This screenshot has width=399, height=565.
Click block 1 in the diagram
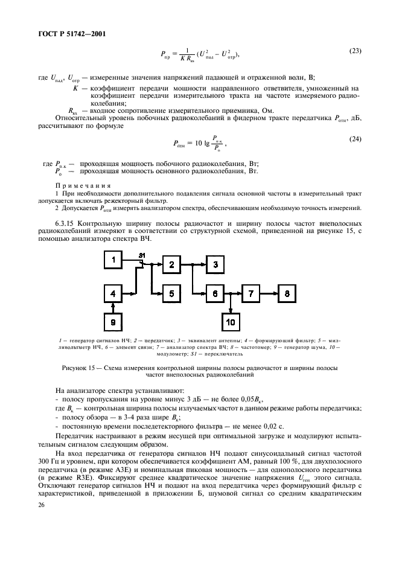pos(112,261)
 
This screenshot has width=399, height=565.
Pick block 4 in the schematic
pos(112,293)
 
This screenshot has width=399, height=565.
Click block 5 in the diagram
pos(171,293)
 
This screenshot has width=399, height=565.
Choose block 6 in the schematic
pos(214,293)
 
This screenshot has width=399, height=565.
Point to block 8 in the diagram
pos(288,293)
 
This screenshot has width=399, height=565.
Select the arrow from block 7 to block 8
pos(270,293)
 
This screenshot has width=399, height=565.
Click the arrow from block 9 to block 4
pos(112,308)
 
